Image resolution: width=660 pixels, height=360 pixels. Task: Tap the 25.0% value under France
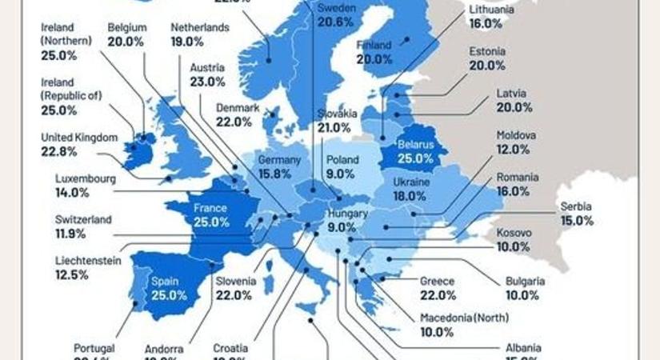tap(210, 222)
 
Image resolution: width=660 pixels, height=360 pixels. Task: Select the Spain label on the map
tap(164, 282)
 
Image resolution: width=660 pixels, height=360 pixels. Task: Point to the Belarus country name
tap(415, 145)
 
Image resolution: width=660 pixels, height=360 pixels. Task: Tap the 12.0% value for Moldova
tap(513, 150)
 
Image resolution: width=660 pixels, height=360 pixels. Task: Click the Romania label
tap(518, 177)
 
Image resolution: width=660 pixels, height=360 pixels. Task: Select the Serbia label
tap(576, 205)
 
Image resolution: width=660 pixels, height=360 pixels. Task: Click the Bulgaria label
tap(525, 281)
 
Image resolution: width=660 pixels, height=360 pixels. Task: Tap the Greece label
tap(437, 281)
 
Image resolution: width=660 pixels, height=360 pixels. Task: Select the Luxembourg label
tap(86, 178)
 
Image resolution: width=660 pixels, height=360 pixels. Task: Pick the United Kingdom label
tap(79, 138)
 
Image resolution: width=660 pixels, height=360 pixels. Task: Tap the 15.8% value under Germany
tap(279, 174)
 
